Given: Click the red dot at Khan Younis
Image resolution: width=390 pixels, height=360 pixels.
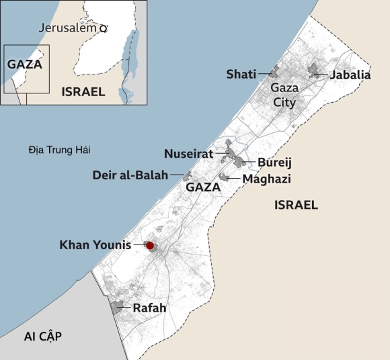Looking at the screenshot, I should click(x=150, y=246).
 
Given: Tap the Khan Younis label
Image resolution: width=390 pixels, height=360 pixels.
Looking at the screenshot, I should click(x=95, y=244).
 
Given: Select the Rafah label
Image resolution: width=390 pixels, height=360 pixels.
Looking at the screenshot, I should click(x=149, y=308).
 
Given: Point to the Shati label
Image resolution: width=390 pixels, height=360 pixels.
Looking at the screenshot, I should click(x=241, y=74).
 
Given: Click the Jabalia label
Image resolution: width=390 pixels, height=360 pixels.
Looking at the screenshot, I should click(x=350, y=75).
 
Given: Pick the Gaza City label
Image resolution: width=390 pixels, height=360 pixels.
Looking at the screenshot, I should click(x=283, y=95).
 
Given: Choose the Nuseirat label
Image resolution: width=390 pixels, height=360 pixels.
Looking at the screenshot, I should click(x=188, y=154).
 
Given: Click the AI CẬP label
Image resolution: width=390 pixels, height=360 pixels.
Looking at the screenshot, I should click(x=42, y=336).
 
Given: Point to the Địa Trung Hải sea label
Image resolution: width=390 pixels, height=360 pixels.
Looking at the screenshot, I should click(x=60, y=149).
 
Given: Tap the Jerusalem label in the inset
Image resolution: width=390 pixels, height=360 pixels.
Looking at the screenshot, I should click(x=68, y=28).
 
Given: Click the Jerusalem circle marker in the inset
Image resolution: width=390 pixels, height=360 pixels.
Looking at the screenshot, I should click(x=104, y=28).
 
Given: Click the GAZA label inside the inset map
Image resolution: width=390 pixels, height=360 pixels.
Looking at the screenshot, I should click(x=25, y=64).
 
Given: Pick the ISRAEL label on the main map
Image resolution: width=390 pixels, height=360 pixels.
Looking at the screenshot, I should click(x=296, y=205).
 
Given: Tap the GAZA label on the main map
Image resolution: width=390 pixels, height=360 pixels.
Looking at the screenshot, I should click(x=203, y=187).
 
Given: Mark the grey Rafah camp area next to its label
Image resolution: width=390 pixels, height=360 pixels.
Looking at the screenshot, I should click(x=121, y=308).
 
